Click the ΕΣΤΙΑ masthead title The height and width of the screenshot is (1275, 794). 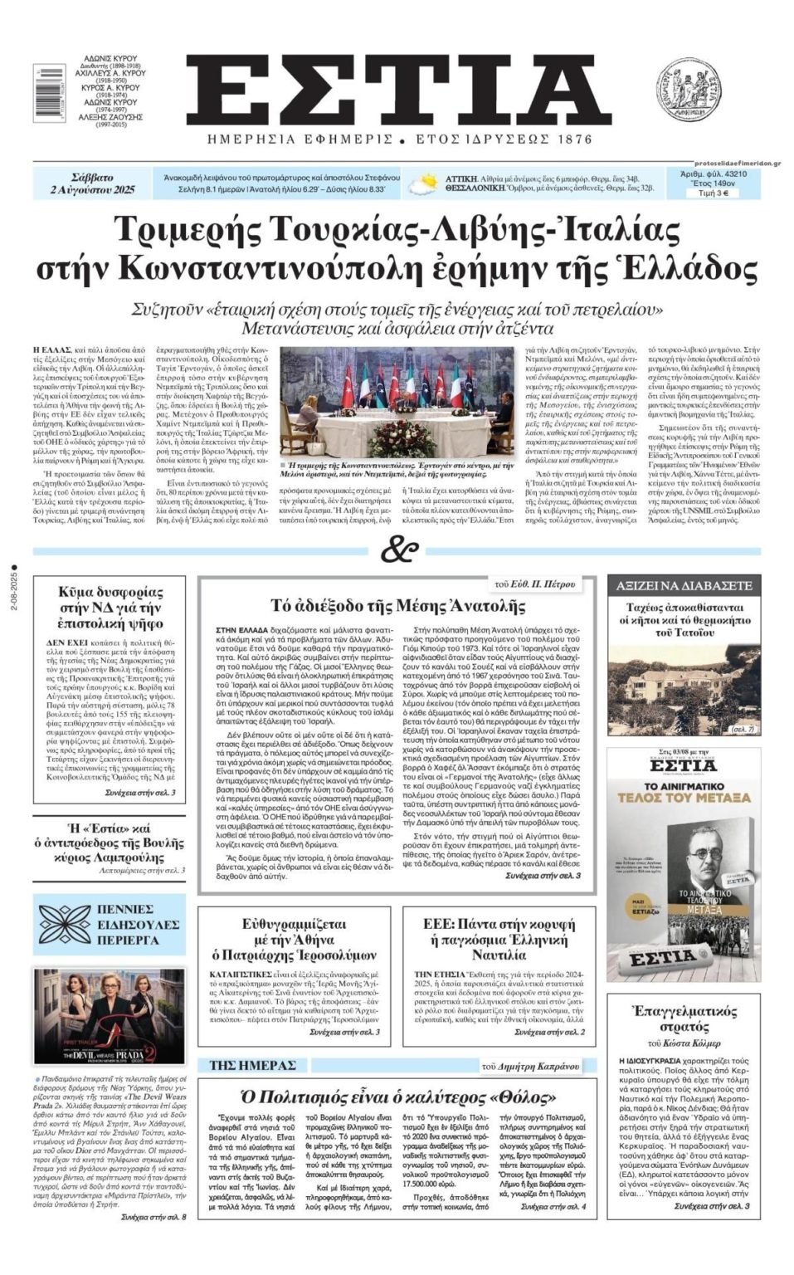[x=397, y=90]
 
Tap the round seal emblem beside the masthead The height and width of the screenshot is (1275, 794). [x=688, y=91]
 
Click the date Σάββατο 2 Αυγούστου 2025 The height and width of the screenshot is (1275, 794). [x=92, y=184]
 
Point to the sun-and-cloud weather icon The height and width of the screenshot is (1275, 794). [x=429, y=183]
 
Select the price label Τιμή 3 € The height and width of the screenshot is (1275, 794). [x=713, y=193]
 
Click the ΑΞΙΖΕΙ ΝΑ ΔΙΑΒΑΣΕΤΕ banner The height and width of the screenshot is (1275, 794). [x=684, y=585]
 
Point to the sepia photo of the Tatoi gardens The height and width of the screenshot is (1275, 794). [x=684, y=689]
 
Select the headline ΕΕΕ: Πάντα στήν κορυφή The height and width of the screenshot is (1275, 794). [x=499, y=932]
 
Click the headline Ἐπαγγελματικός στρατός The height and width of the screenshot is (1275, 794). [x=684, y=1019]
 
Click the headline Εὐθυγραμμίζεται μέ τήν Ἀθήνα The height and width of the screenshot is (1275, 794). [x=294, y=939]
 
